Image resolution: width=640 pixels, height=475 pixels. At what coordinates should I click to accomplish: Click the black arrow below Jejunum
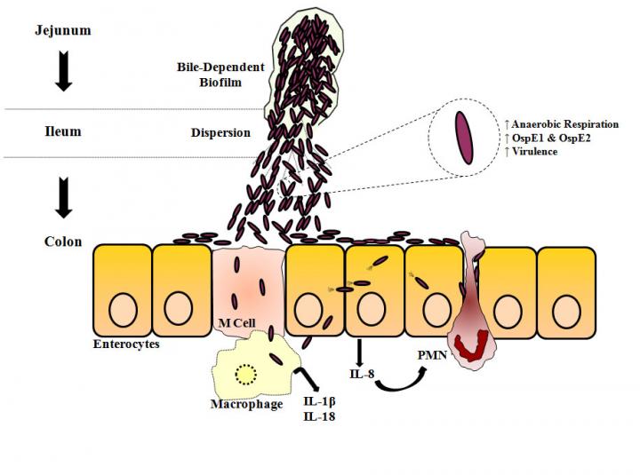pyautogui.click(x=62, y=73)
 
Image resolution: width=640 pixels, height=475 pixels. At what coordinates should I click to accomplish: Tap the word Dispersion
pyautogui.click(x=220, y=133)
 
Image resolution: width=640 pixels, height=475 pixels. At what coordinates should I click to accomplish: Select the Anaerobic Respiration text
pyautogui.click(x=565, y=124)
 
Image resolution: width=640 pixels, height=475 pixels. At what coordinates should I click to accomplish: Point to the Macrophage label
pyautogui.click(x=246, y=404)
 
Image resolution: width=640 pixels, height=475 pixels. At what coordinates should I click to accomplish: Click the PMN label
pyautogui.click(x=432, y=353)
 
